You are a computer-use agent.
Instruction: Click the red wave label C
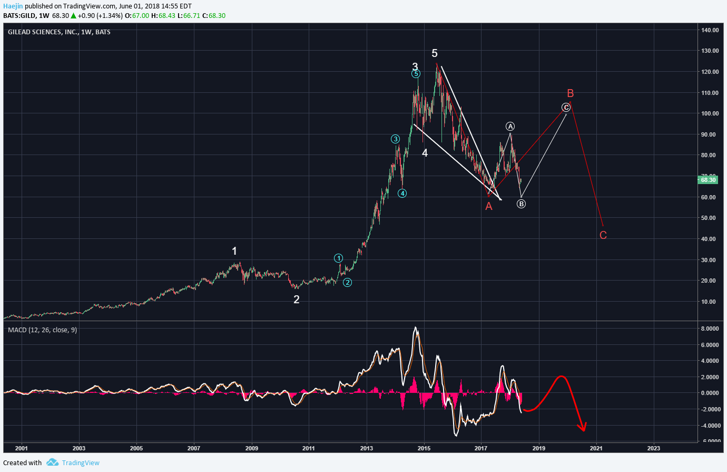[x=603, y=235]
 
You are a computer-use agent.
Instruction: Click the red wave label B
[x=570, y=93]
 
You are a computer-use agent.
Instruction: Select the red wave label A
[x=489, y=206]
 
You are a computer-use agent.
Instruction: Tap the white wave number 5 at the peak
[x=435, y=53]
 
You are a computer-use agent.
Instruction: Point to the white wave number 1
[x=234, y=251]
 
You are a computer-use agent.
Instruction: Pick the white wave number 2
[x=297, y=300]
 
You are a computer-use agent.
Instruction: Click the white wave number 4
[x=425, y=153]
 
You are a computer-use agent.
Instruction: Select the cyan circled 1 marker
[x=338, y=258]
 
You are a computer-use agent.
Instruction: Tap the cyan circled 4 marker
[x=402, y=193]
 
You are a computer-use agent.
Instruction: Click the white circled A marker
[x=510, y=126]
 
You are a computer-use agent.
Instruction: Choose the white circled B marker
[x=521, y=204]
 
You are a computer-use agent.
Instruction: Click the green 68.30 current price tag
[x=708, y=180]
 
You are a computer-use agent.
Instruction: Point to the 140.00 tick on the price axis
[x=710, y=30]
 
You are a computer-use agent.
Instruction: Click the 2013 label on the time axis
[x=366, y=448]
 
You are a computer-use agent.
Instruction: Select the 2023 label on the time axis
[x=653, y=448]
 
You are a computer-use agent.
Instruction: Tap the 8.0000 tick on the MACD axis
[x=710, y=329]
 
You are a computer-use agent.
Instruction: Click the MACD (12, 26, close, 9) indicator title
[x=42, y=330]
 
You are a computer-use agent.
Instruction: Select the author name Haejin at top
[x=13, y=6]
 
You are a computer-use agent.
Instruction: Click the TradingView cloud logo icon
[x=52, y=463]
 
